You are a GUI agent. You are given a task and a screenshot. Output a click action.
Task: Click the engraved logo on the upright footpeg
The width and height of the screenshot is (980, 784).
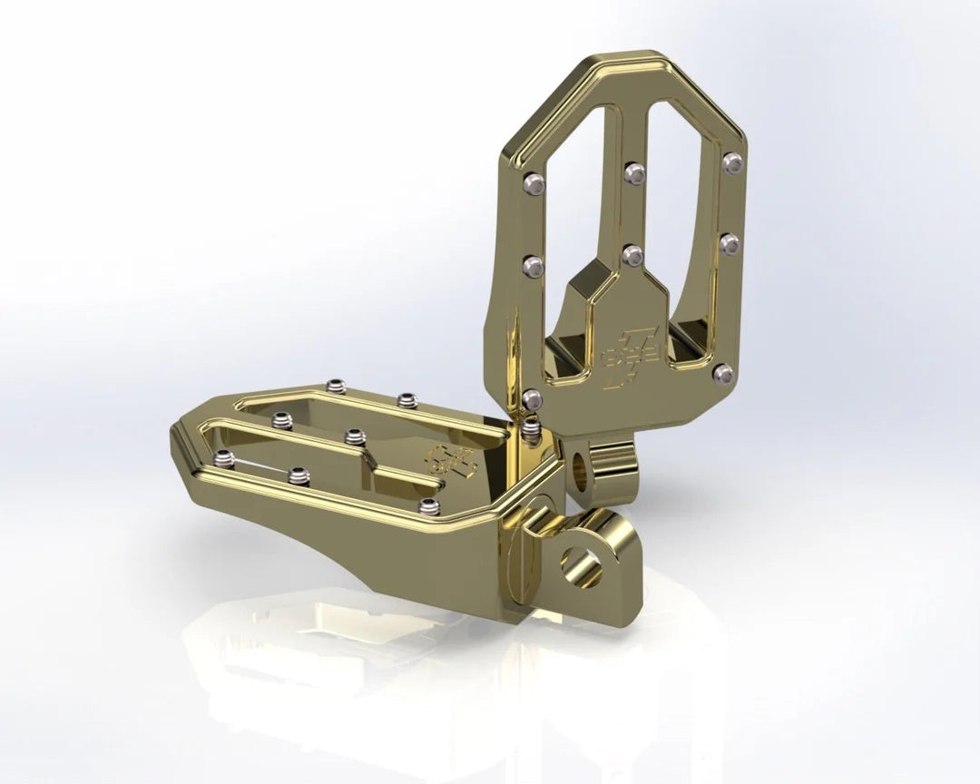pyautogui.click(x=619, y=351)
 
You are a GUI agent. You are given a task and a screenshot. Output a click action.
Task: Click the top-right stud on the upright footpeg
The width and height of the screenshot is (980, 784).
pyautogui.click(x=732, y=162)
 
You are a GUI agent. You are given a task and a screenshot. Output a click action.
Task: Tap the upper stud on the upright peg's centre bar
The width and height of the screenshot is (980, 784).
pyautogui.click(x=632, y=172)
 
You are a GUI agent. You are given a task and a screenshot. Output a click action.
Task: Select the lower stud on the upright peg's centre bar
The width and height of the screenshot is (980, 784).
pyautogui.click(x=633, y=255)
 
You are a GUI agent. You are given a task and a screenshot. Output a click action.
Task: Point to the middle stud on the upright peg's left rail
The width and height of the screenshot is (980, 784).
pyautogui.click(x=534, y=265)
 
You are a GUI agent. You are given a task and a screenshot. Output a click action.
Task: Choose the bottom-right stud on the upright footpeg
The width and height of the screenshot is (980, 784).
pyautogui.click(x=722, y=372)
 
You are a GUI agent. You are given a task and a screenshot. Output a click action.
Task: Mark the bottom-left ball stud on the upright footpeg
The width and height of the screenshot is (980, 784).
pyautogui.click(x=534, y=397)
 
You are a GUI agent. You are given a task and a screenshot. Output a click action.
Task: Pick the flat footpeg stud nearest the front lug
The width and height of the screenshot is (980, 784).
pyautogui.click(x=430, y=505)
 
